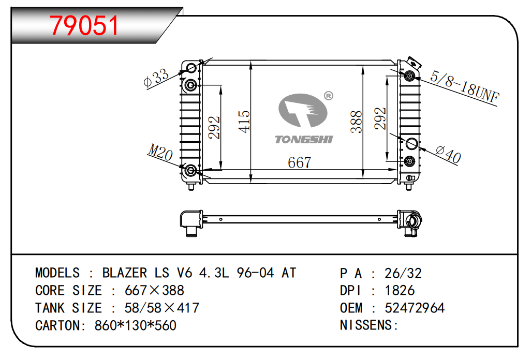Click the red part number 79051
point(84,24)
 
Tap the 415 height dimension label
point(244,121)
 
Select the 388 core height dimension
point(356,122)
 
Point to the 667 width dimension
point(299,162)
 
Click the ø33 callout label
point(156,78)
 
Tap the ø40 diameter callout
point(448,154)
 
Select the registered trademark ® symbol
point(328,96)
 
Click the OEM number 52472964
point(415,308)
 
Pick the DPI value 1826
point(400,291)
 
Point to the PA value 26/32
point(403,273)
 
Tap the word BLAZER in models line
point(124,273)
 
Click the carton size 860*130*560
point(136,326)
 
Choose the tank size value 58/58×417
point(162,308)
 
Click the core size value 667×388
point(154,291)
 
